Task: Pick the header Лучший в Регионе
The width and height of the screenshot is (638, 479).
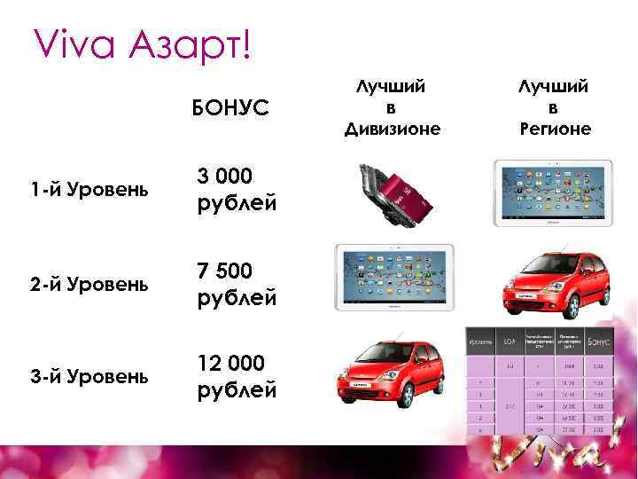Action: point(555,108)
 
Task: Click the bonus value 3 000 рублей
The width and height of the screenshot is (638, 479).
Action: point(236,190)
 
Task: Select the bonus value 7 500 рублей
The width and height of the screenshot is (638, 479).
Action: point(236,284)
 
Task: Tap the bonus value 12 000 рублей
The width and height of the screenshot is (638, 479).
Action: point(236,376)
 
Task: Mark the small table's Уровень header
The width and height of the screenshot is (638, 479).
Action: point(481,340)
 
